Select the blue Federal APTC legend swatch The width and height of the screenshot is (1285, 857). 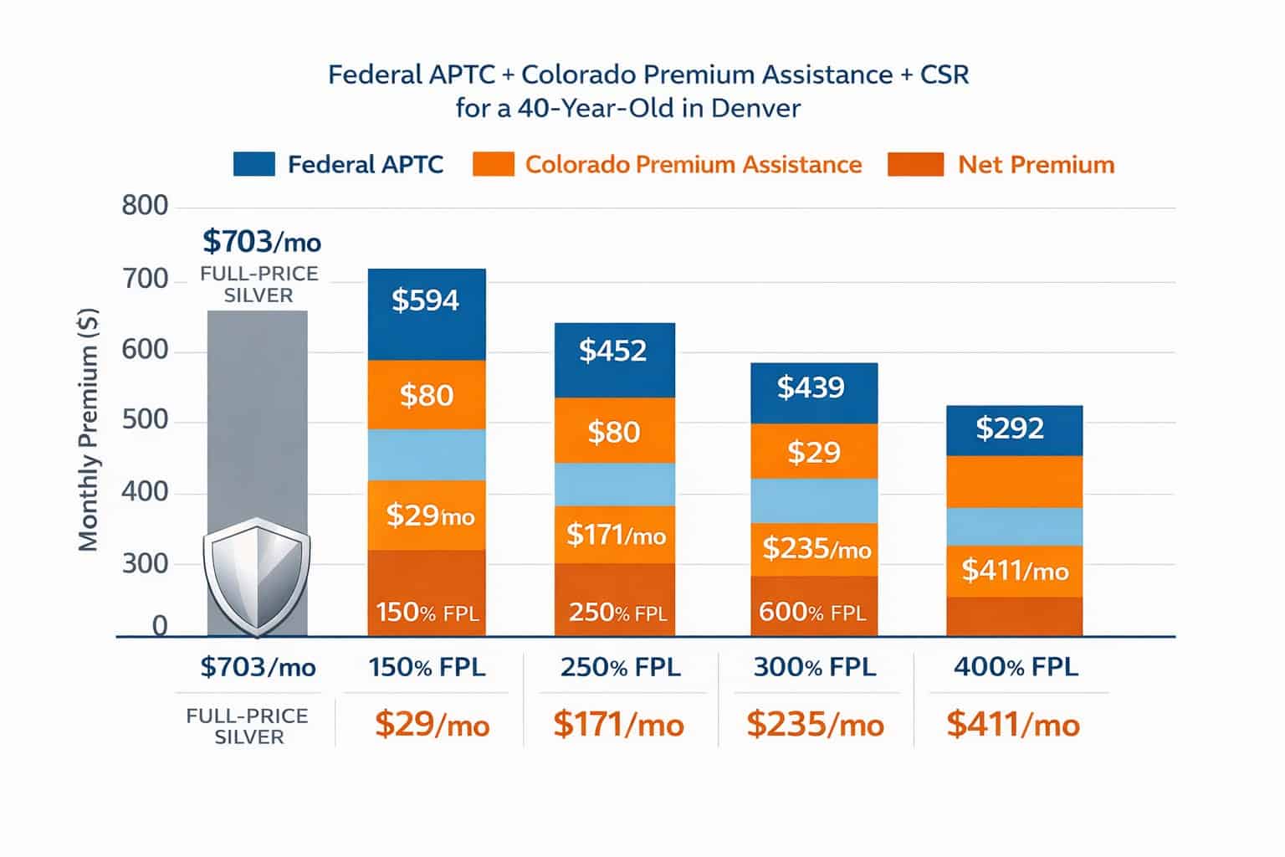click(x=254, y=164)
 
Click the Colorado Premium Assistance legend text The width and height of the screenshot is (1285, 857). click(x=693, y=164)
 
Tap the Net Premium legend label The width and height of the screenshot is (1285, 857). click(x=1036, y=164)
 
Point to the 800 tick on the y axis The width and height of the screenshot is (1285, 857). click(x=145, y=206)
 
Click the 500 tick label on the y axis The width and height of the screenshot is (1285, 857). click(x=145, y=420)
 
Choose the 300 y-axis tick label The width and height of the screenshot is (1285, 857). click(x=145, y=564)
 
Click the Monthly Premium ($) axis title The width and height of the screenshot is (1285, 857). click(x=89, y=429)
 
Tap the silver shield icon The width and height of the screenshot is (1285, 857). click(x=257, y=577)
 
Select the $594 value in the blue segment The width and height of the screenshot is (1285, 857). click(x=426, y=300)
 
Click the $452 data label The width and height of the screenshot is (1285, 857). click(x=613, y=351)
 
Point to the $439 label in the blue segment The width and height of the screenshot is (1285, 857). click(x=811, y=387)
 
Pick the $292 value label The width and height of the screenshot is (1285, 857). click(x=1010, y=428)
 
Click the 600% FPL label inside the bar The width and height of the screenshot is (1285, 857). click(x=811, y=613)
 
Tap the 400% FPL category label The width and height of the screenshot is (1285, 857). click(x=1016, y=667)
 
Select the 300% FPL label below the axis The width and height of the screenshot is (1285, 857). click(x=814, y=667)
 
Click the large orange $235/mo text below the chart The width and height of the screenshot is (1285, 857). click(x=815, y=724)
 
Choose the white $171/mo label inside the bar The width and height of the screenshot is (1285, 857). click(x=616, y=535)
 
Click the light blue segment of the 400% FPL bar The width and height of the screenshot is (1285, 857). click(x=1014, y=526)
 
